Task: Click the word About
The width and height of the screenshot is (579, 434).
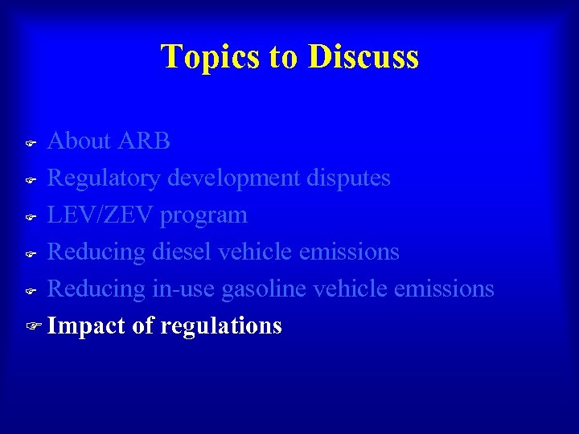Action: pyautogui.click(x=79, y=141)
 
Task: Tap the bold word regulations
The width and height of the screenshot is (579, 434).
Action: pyautogui.click(x=221, y=326)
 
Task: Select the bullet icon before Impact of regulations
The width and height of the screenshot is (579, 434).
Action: pyautogui.click(x=31, y=326)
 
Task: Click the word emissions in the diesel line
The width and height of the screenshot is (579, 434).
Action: pyautogui.click(x=349, y=252)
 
